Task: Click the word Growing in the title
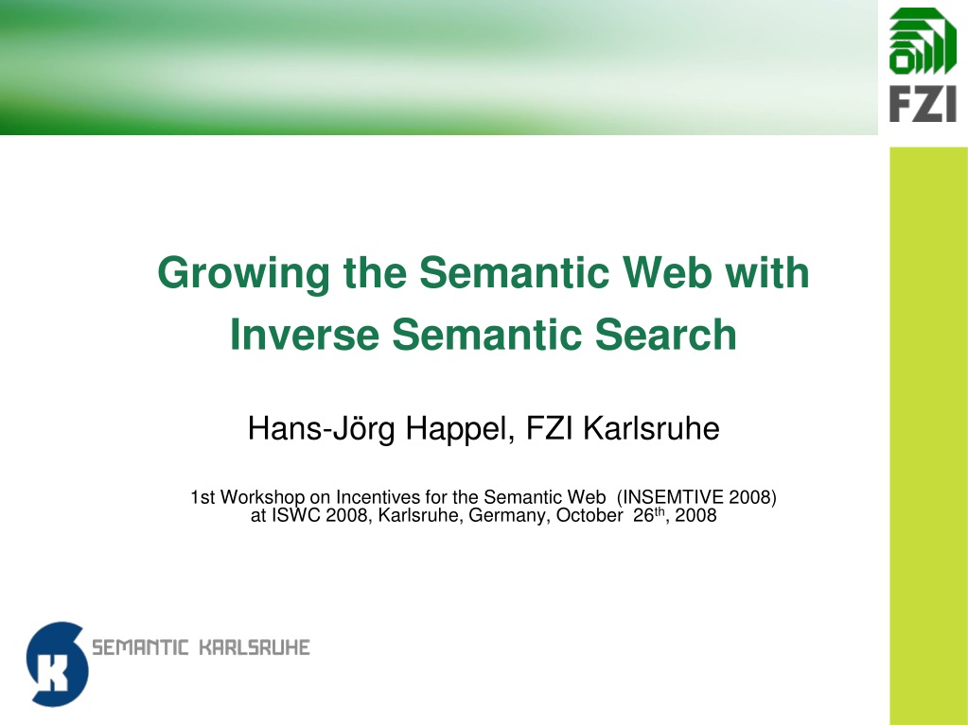pos(244,274)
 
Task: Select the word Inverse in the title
pos(305,335)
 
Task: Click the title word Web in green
pos(667,272)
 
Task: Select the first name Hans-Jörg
pos(321,429)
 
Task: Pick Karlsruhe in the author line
pos(651,428)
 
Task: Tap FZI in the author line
pos(550,428)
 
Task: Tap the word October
pos(590,515)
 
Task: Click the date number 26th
pos(649,515)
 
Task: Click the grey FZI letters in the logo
pos(923,104)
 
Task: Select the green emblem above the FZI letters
pos(923,42)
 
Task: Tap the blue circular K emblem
pos(57,664)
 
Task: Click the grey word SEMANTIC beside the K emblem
pos(140,647)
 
